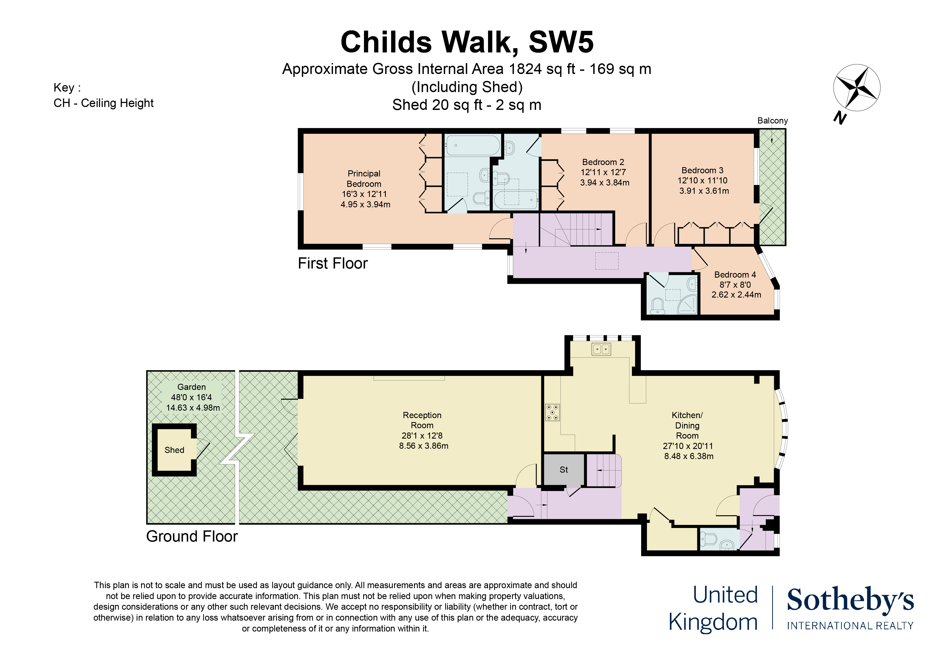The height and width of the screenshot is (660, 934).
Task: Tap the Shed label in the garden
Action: pyautogui.click(x=174, y=450)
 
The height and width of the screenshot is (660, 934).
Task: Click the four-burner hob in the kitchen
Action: pyautogui.click(x=552, y=412)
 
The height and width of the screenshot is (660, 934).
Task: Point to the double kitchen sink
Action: pyautogui.click(x=601, y=349)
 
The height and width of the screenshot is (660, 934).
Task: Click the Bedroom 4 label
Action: pyautogui.click(x=735, y=274)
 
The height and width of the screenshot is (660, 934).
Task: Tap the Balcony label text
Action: pyautogui.click(x=772, y=121)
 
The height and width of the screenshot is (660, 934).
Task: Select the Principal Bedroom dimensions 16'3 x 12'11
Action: pyautogui.click(x=364, y=194)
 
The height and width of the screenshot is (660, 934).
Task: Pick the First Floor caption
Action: pyautogui.click(x=333, y=263)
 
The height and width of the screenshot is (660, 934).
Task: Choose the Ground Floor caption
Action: pyautogui.click(x=192, y=536)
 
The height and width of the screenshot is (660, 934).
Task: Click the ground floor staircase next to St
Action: pyautogui.click(x=604, y=471)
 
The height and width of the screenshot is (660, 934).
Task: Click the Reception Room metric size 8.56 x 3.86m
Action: pyautogui.click(x=424, y=446)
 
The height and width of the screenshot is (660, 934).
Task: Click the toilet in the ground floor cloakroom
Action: pyautogui.click(x=709, y=539)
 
